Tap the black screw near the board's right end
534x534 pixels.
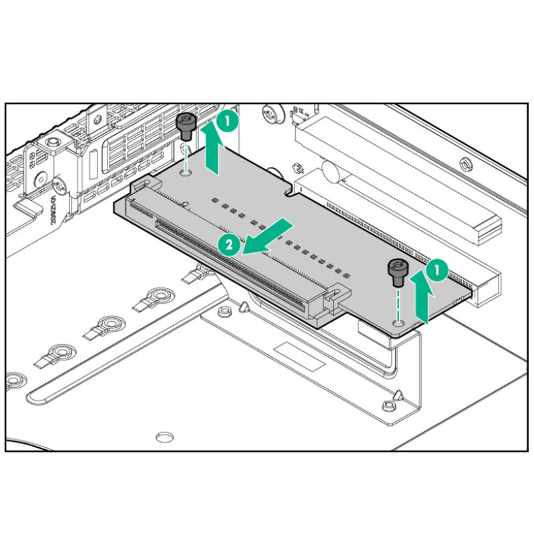(398, 273)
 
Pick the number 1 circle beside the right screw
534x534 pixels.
(437, 270)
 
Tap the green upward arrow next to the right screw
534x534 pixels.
(422, 296)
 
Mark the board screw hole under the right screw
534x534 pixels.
(398, 322)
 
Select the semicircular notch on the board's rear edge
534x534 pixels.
(291, 190)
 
